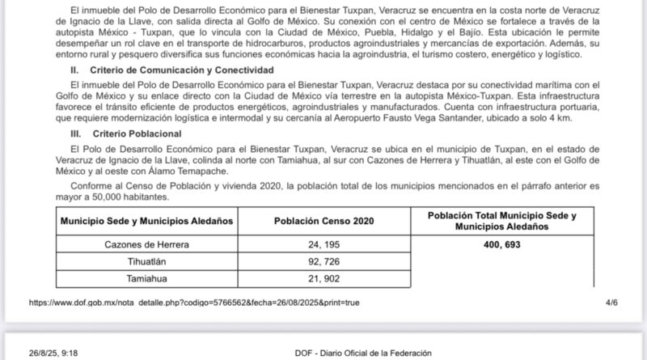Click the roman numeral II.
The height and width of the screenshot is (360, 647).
click(x=75, y=70)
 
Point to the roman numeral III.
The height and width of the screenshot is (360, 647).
click(x=77, y=133)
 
